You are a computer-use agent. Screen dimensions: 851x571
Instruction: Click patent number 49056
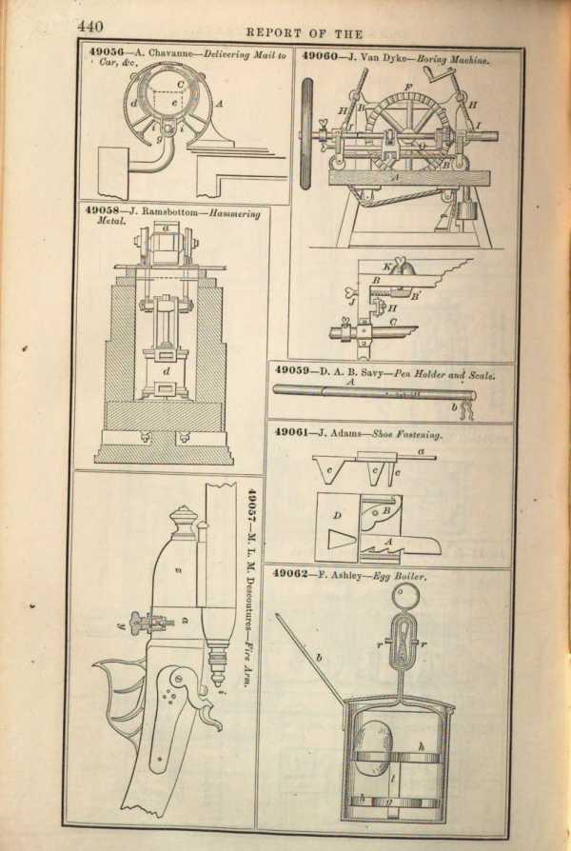pyautogui.click(x=103, y=55)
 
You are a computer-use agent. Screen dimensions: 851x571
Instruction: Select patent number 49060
pyautogui.click(x=322, y=55)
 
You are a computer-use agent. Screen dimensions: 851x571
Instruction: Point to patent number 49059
pyautogui.click(x=294, y=369)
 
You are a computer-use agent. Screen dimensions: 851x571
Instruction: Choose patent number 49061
pyautogui.click(x=294, y=431)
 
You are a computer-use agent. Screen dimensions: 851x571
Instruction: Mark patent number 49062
pyautogui.click(x=294, y=575)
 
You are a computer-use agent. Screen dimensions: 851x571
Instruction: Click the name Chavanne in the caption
pyautogui.click(x=167, y=55)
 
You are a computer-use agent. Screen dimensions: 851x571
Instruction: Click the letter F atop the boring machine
pyautogui.click(x=406, y=88)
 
